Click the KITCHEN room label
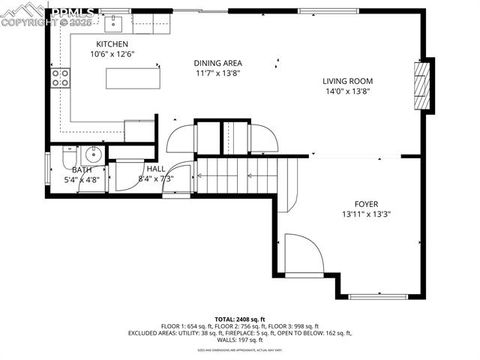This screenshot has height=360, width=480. pyautogui.click(x=112, y=45)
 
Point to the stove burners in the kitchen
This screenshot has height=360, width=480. pyautogui.click(x=60, y=77)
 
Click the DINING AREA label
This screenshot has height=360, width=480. pyautogui.click(x=218, y=62)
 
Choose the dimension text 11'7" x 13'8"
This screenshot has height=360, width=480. pyautogui.click(x=218, y=73)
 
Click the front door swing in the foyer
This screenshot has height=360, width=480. pyautogui.click(x=302, y=253)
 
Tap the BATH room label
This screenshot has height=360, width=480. pyautogui.click(x=81, y=170)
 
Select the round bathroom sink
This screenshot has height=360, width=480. pyautogui.click(x=92, y=154)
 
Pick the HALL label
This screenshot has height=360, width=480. pyautogui.click(x=156, y=169)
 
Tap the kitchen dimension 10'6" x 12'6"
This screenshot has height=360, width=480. pyautogui.click(x=112, y=55)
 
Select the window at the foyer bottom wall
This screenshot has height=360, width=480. pyautogui.click(x=381, y=295)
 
